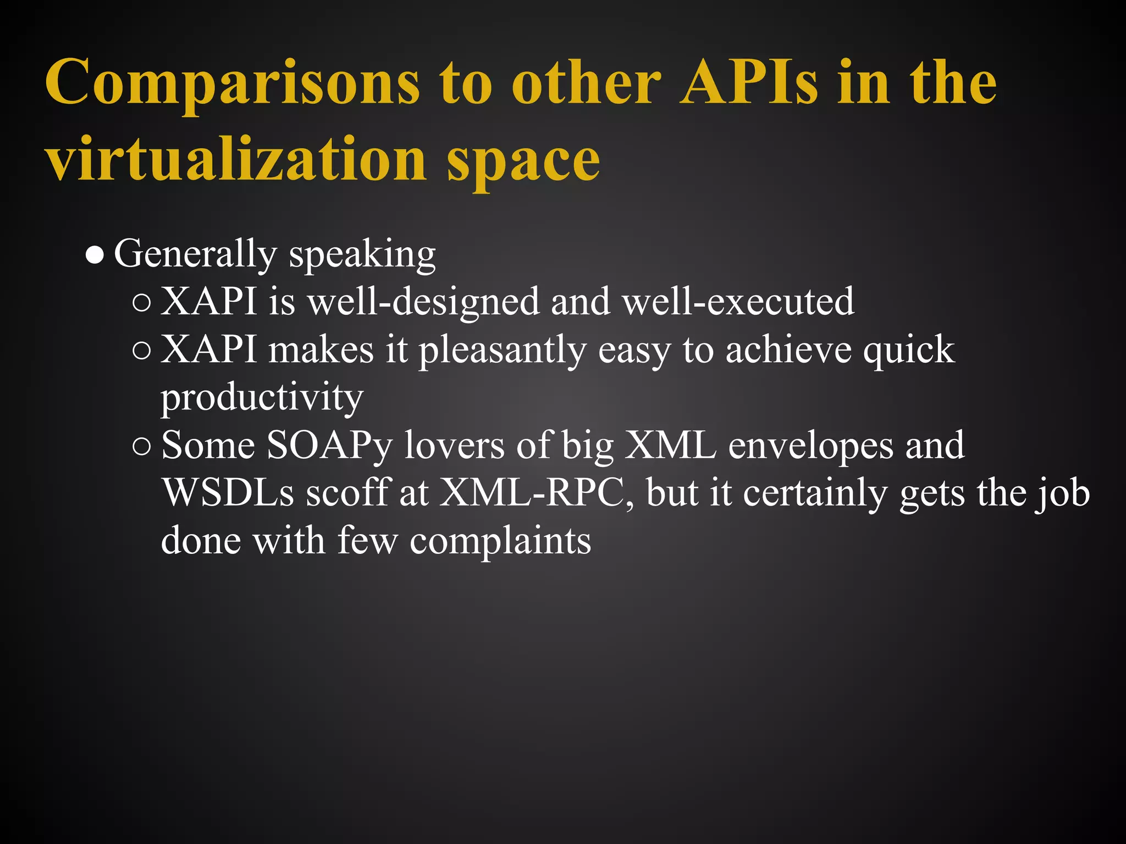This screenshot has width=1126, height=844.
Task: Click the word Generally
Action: pos(195,254)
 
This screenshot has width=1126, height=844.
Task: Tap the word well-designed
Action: pos(423,302)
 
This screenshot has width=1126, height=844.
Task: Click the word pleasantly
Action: pos(503,350)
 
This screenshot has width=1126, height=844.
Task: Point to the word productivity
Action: pos(262,398)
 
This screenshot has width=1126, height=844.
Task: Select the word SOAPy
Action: pos(329,446)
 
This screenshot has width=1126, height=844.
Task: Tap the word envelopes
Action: pos(811,446)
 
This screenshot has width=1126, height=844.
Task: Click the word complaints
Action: pos(500,541)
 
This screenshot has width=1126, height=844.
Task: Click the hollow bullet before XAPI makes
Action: pos(141,351)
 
